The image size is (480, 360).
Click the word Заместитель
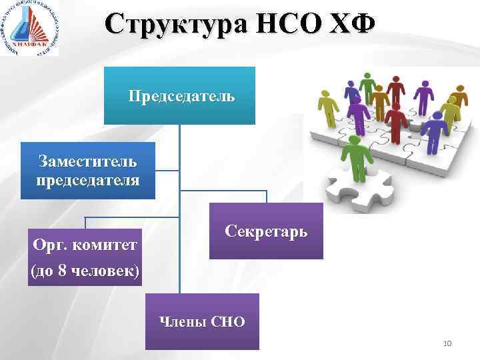(x=87, y=161)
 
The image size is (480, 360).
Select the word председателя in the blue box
(x=87, y=180)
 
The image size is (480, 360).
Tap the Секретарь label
(x=266, y=231)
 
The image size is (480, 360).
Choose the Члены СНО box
(x=202, y=322)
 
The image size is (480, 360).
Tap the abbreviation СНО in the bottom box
(x=227, y=322)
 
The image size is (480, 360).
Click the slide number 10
(x=447, y=343)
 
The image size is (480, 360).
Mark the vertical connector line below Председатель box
(x=179, y=200)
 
